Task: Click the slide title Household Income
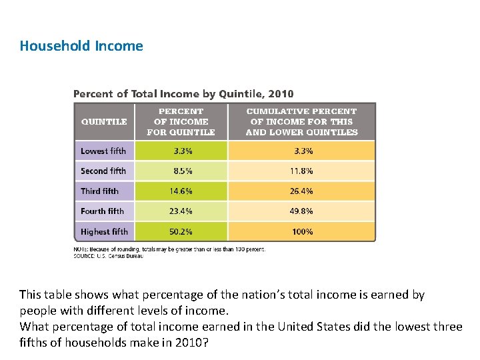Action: click(x=81, y=46)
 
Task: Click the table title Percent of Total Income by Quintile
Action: click(x=183, y=94)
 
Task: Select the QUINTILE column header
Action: click(x=104, y=121)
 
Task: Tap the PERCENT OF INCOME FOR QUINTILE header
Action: click(x=181, y=121)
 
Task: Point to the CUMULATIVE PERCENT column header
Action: click(x=301, y=121)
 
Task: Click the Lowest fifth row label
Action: click(x=103, y=151)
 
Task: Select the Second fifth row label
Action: click(x=103, y=171)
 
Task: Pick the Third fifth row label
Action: click(x=100, y=191)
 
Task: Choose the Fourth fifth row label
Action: click(x=103, y=211)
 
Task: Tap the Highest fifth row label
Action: click(x=105, y=231)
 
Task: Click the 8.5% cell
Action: click(x=183, y=171)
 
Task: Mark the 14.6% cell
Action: click(x=181, y=191)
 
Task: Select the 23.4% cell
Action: click(x=181, y=211)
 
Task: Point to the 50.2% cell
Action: click(x=181, y=231)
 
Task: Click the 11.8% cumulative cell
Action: click(x=301, y=171)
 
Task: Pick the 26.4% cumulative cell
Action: click(x=301, y=191)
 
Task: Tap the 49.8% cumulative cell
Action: click(x=301, y=211)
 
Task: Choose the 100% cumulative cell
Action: click(x=303, y=231)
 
